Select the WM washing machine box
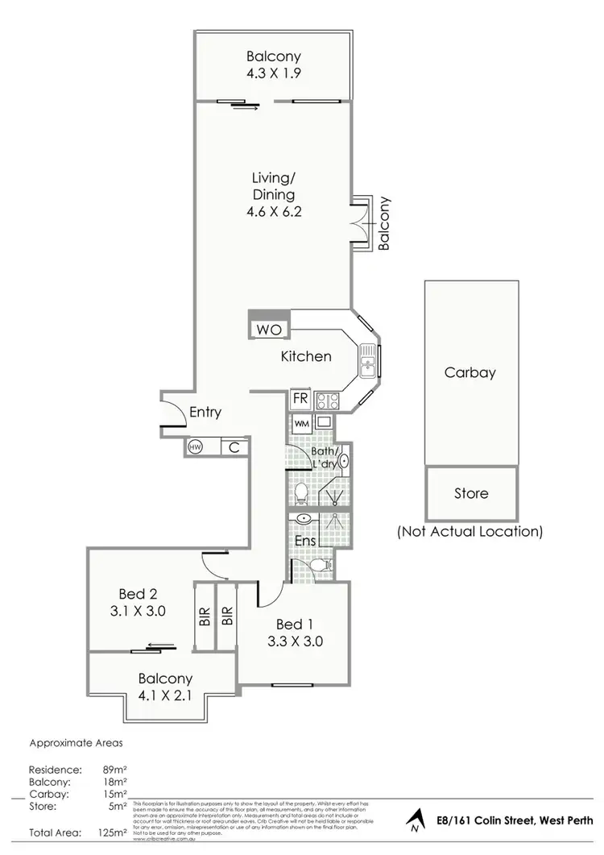click(x=301, y=422)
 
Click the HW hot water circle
click(x=195, y=446)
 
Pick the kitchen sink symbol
click(x=369, y=360)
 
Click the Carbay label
click(x=470, y=372)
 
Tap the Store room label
click(x=470, y=493)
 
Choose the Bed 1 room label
click(x=295, y=624)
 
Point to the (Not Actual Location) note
click(x=470, y=531)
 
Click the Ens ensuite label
click(x=304, y=542)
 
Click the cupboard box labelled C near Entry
click(x=232, y=446)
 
